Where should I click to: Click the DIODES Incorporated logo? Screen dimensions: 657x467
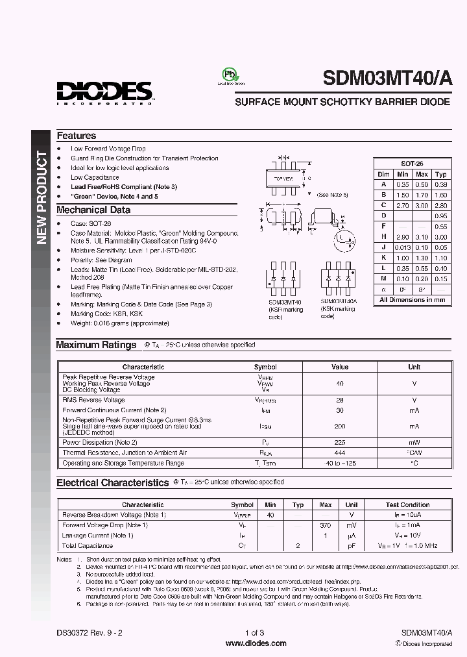(104, 92)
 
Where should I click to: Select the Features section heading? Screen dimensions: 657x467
(77, 136)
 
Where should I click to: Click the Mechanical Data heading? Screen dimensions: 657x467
(93, 210)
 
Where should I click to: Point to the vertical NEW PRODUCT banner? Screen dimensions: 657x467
(41, 197)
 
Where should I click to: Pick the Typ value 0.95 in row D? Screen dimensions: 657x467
(441, 216)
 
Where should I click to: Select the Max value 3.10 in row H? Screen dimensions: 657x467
(422, 237)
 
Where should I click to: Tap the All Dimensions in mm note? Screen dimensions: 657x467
(413, 300)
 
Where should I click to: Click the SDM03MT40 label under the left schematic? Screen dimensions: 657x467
(285, 301)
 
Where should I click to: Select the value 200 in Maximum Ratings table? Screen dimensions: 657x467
(340, 426)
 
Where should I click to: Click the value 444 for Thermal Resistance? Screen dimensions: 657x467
(340, 452)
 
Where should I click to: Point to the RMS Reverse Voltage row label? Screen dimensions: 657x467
(93, 400)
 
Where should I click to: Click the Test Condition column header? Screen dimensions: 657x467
(407, 504)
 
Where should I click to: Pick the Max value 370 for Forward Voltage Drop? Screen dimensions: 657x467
(326, 525)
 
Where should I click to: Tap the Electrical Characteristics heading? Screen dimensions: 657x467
(112, 483)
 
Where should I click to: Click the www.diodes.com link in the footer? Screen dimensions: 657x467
(256, 643)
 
